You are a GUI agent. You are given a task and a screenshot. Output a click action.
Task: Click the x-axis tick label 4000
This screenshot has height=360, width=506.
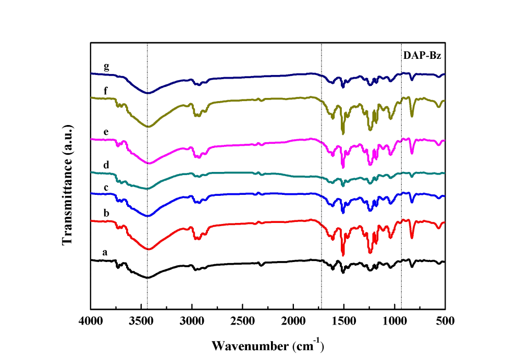click(x=91, y=320)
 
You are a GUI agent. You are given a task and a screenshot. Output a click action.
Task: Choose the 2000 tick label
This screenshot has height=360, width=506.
click(x=293, y=320)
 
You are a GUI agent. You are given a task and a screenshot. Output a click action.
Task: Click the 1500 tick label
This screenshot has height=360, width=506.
click(x=343, y=320)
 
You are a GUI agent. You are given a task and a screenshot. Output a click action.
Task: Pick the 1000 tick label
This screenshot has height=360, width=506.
click(x=394, y=320)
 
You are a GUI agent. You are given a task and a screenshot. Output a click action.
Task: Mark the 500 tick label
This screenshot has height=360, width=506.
click(x=445, y=320)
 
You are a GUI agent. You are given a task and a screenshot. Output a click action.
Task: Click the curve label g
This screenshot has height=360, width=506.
click(x=106, y=66)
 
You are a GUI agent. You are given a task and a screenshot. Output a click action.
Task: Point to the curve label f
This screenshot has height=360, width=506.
click(x=106, y=90)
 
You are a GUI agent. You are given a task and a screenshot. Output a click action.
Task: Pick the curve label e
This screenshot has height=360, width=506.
click(x=106, y=132)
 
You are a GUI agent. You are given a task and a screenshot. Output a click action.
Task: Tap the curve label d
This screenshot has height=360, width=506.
click(x=106, y=165)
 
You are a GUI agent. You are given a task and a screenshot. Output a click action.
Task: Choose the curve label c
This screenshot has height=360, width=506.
click(x=106, y=187)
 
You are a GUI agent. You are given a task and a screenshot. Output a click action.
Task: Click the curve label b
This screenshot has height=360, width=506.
click(x=106, y=213)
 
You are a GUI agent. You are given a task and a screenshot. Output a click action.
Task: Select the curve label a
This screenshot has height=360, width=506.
click(x=105, y=252)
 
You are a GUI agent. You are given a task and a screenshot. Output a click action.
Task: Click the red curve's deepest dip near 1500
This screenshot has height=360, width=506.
click(x=343, y=255)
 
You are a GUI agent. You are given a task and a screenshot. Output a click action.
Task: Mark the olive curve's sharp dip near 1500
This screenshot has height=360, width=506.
click(x=343, y=133)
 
